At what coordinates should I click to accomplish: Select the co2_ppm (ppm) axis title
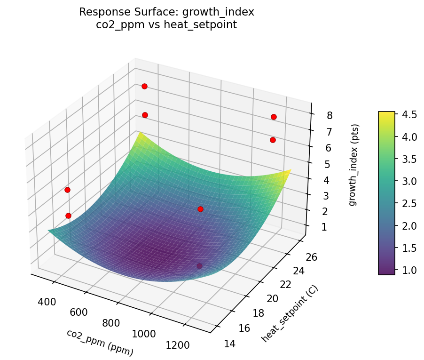(x=100, y=342)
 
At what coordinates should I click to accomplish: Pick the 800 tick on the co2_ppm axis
(x=110, y=323)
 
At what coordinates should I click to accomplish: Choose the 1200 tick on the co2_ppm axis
(x=177, y=346)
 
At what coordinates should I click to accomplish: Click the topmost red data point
(x=144, y=86)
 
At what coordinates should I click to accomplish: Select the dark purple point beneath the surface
(x=199, y=266)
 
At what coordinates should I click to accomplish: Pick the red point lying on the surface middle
(x=200, y=209)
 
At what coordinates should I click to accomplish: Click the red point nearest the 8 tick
(x=274, y=117)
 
